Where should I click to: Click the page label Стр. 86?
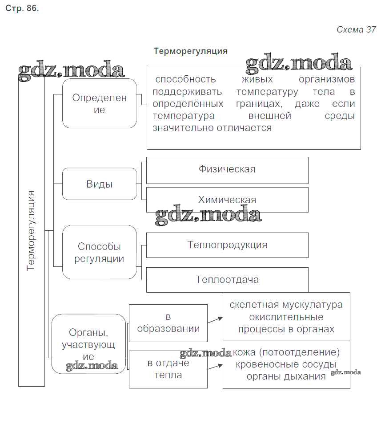pyautogui.click(x=22, y=9)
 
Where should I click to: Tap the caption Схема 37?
pyautogui.click(x=356, y=30)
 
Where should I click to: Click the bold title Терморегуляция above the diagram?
pyautogui.click(x=190, y=51)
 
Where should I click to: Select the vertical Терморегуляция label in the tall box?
pyautogui.click(x=31, y=230)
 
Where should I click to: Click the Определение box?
pyautogui.click(x=99, y=103)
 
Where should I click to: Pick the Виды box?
pyautogui.click(x=99, y=184)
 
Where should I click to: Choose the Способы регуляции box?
pyautogui.click(x=99, y=252)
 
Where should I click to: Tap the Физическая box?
pyautogui.click(x=227, y=169)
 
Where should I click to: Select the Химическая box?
pyautogui.click(x=227, y=200)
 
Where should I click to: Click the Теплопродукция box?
pyautogui.click(x=227, y=245)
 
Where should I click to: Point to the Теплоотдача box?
pyautogui.click(x=227, y=280)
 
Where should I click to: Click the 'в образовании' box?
pyautogui.click(x=168, y=323)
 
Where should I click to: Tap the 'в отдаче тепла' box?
pyautogui.click(x=168, y=369)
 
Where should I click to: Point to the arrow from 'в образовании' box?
pyautogui.click(x=215, y=320)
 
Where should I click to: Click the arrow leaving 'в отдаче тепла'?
pyautogui.click(x=215, y=367)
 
